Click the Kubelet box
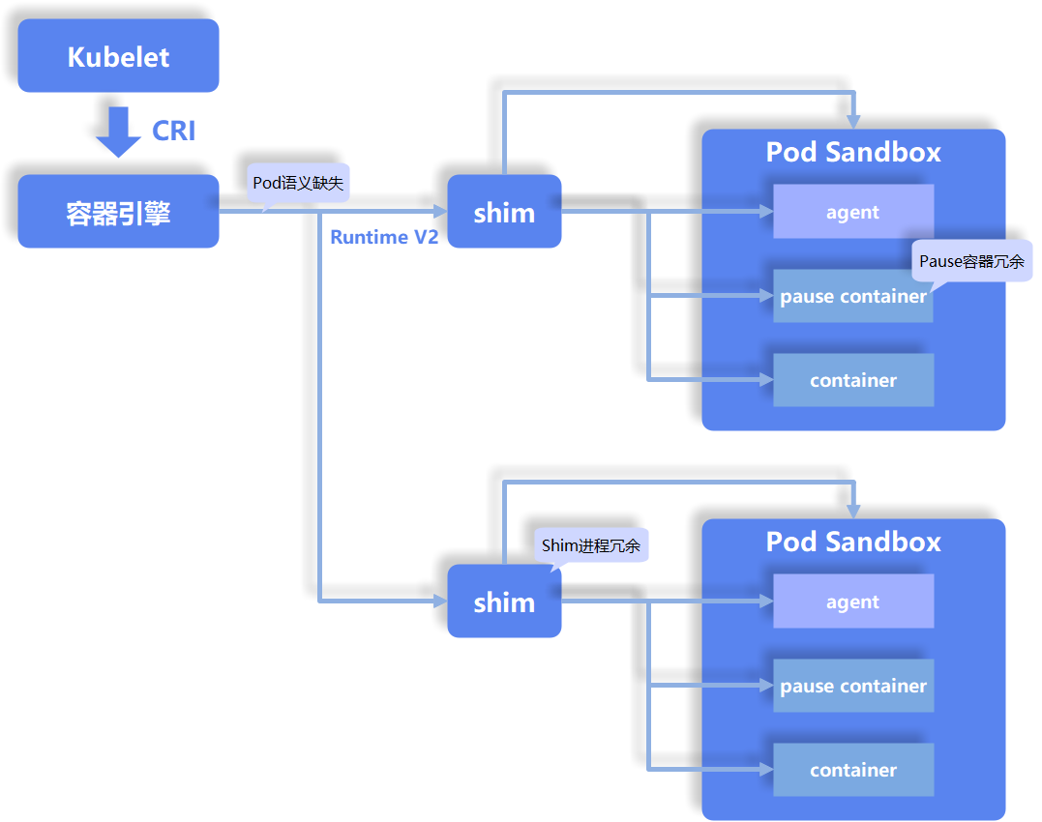[118, 56]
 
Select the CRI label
[174, 131]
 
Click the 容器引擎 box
[118, 212]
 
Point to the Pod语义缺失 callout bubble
[298, 183]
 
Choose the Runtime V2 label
[384, 237]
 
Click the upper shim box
[504, 212]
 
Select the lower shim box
[504, 602]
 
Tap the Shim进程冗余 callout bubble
[591, 545]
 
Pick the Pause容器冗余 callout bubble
[971, 261]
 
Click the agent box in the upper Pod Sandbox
[852, 212]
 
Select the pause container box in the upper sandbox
[852, 296]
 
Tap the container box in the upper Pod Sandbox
[852, 380]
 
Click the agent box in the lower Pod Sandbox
[852, 602]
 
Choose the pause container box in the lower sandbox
[852, 686]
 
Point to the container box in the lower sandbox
[852, 770]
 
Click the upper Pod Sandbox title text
[852, 153]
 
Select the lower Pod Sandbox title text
[852, 542]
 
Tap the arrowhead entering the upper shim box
[439, 212]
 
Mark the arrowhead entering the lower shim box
[439, 602]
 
